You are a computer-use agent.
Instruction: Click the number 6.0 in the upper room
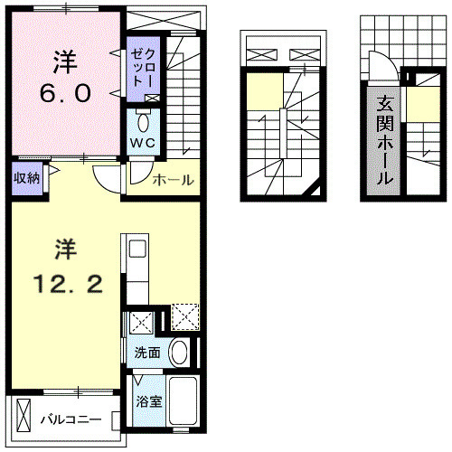(63, 93)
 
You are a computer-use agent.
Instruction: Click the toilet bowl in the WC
(145, 122)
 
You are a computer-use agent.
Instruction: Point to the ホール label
(173, 180)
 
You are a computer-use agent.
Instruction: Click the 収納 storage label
(25, 176)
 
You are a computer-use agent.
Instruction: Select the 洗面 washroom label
(147, 353)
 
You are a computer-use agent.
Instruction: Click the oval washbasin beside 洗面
(180, 353)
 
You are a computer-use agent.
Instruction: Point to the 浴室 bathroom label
(149, 400)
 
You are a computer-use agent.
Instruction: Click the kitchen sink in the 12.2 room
(137, 250)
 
